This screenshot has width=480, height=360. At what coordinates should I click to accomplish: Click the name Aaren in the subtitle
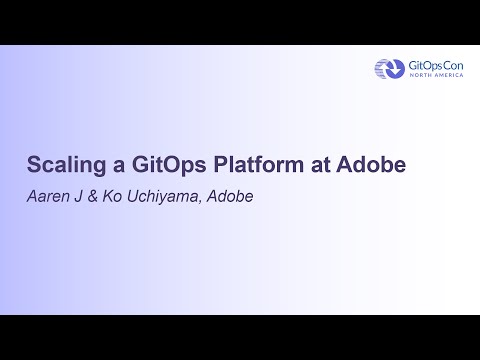[x=48, y=196]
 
